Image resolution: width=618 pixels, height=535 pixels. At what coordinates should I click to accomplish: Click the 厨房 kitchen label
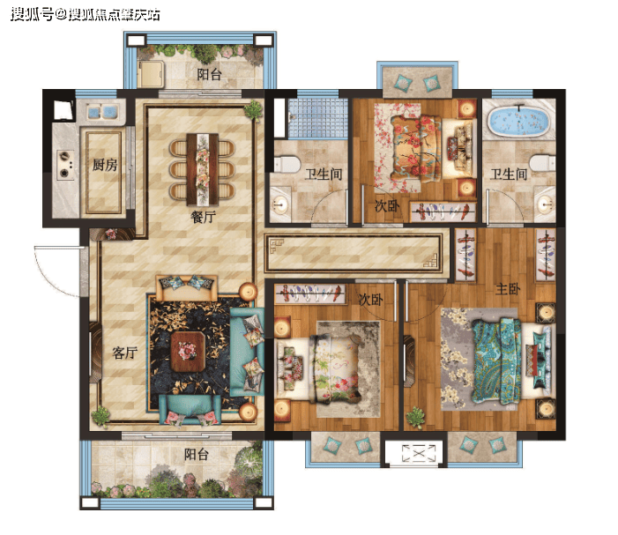pyautogui.click(x=105, y=165)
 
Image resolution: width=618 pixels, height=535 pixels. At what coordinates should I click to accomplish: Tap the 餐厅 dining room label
pyautogui.click(x=204, y=217)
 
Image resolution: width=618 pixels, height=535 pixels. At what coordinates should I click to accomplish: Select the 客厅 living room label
pyautogui.click(x=125, y=353)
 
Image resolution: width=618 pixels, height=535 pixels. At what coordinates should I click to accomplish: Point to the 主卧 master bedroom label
pyautogui.click(x=508, y=289)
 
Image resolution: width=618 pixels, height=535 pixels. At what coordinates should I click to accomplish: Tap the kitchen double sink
pyautogui.click(x=101, y=111)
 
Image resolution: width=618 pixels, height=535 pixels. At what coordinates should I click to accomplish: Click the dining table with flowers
pyautogui.click(x=203, y=169)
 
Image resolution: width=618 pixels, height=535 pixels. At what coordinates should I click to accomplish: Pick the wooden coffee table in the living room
pyautogui.click(x=188, y=352)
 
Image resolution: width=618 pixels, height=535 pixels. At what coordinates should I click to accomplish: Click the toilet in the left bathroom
pyautogui.click(x=287, y=164)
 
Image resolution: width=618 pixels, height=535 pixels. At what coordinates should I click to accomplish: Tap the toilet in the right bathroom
pyautogui.click(x=542, y=162)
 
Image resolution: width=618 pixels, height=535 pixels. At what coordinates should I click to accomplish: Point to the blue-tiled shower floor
pyautogui.click(x=317, y=118)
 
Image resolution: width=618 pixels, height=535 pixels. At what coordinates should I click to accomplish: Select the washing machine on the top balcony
pyautogui.click(x=151, y=74)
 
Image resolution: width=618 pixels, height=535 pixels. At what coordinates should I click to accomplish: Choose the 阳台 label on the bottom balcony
pyautogui.click(x=197, y=454)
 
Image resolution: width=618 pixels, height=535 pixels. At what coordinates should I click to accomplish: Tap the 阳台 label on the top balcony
pyautogui.click(x=209, y=74)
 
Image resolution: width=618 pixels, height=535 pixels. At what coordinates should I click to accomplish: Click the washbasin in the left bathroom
pyautogui.click(x=280, y=204)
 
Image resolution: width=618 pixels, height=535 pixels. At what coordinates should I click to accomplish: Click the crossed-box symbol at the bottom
pyautogui.click(x=419, y=453)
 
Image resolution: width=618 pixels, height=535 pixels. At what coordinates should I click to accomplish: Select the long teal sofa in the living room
pyautogui.click(x=246, y=352)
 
